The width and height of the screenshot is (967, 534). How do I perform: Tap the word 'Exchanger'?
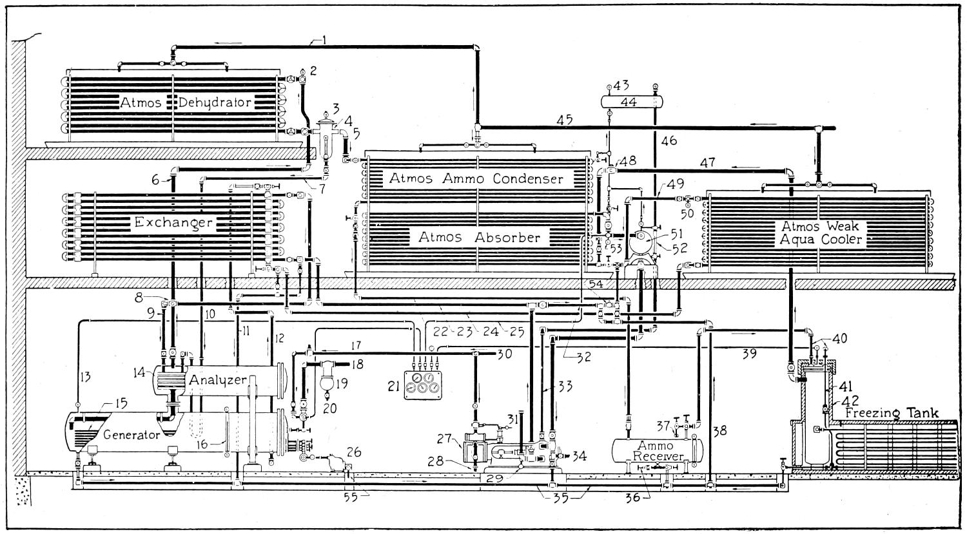click(x=173, y=223)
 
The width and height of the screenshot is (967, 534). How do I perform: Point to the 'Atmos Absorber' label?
click(x=479, y=237)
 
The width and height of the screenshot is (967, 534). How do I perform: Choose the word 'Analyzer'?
click(x=217, y=380)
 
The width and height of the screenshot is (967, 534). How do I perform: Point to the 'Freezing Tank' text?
click(x=892, y=413)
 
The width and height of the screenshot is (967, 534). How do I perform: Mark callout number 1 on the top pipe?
click(x=324, y=41)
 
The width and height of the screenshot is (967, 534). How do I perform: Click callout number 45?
click(x=565, y=119)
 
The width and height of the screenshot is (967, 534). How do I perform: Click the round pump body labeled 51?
click(x=641, y=244)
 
